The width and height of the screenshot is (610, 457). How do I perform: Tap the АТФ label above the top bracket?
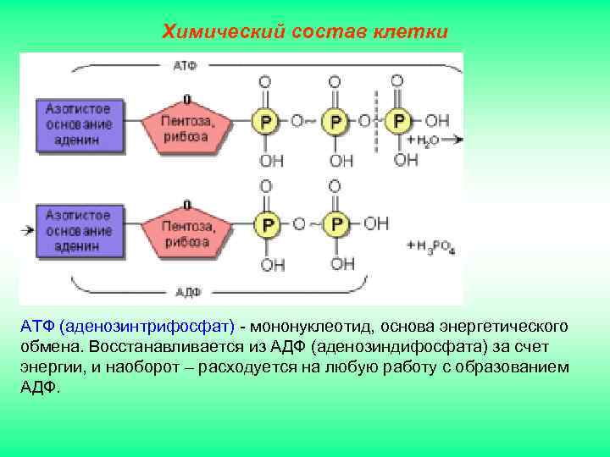[185, 65]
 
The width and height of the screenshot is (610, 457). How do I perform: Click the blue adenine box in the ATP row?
[79, 124]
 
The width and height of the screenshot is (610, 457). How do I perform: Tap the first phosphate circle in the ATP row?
[265, 122]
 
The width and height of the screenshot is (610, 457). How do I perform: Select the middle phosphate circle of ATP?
[335, 122]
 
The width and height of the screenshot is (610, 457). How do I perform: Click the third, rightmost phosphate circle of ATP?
[396, 121]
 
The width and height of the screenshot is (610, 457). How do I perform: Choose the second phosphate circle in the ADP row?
[336, 224]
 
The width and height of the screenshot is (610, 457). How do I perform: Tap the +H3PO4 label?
[431, 247]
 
